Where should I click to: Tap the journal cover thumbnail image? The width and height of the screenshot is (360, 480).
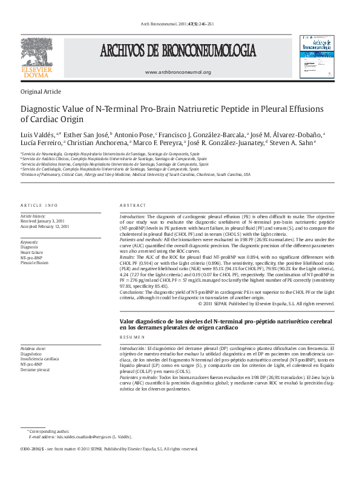coord(316,56)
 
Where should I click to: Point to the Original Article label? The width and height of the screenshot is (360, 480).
coord(41,92)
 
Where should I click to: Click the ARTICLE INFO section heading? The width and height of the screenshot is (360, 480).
coord(39,206)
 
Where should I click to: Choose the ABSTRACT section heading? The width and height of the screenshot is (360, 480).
coord(133,206)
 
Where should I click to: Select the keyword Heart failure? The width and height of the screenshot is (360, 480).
coord(33,253)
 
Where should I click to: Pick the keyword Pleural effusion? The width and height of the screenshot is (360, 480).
coord(35,263)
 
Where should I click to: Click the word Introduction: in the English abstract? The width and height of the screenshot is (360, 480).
coord(133,216)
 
